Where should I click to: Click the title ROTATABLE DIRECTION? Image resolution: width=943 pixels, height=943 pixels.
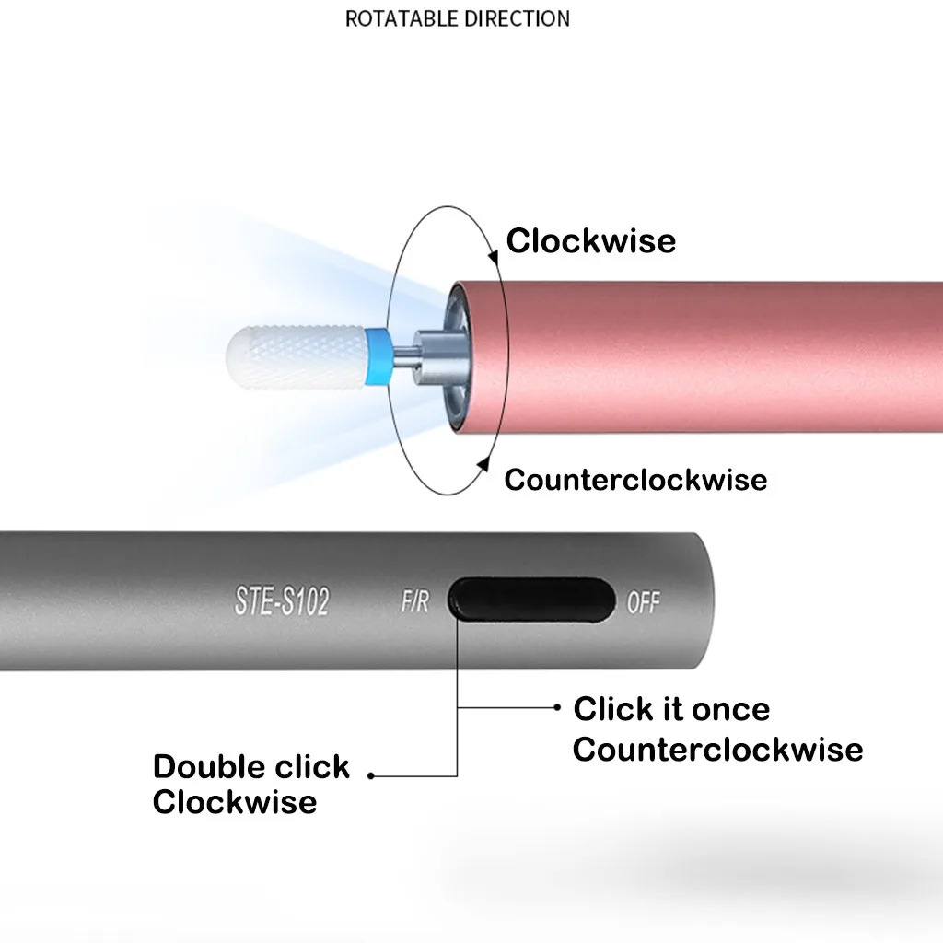click(x=457, y=18)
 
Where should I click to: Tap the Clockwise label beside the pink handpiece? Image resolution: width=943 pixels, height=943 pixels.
click(x=590, y=240)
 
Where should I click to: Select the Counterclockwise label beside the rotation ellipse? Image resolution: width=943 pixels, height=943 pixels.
click(x=635, y=480)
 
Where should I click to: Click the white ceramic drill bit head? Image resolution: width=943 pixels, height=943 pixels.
click(x=296, y=356)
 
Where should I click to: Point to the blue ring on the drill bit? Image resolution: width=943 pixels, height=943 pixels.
click(x=377, y=356)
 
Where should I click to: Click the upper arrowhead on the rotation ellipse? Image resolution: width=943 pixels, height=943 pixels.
click(x=494, y=258)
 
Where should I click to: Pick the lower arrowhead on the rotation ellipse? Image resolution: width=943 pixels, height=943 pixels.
click(x=483, y=464)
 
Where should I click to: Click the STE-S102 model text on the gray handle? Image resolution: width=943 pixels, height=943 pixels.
click(x=282, y=600)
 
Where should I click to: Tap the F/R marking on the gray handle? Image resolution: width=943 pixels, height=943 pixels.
click(x=415, y=600)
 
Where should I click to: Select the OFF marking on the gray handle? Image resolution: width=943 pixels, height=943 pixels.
click(x=644, y=601)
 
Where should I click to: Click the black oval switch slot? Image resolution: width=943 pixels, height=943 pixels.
click(x=531, y=599)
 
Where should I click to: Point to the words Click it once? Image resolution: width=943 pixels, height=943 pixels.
click(x=671, y=709)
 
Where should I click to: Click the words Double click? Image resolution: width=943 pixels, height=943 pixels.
click(x=250, y=767)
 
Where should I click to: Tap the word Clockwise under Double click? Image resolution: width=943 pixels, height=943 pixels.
click(x=235, y=802)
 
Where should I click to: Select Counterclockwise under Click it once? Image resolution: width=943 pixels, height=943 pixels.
click(x=717, y=750)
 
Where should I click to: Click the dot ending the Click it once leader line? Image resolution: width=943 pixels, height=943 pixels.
click(x=557, y=707)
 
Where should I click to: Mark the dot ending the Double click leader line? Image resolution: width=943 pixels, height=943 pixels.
click(x=371, y=775)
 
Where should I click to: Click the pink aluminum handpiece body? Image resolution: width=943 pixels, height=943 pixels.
click(x=698, y=356)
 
